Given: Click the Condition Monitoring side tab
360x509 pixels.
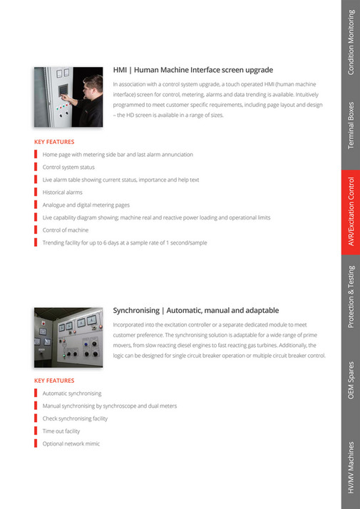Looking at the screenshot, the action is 351,43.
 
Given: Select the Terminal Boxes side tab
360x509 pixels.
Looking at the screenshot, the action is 351,125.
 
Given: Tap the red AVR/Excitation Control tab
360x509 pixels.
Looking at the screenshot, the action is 351,212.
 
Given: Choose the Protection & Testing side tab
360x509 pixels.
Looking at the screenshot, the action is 351,298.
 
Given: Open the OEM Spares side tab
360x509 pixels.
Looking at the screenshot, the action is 351,381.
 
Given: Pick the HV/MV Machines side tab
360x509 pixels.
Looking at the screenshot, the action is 351,466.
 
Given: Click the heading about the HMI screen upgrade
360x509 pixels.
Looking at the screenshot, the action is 192,70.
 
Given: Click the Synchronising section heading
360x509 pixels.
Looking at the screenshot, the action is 196,310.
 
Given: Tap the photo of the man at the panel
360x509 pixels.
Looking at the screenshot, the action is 68,97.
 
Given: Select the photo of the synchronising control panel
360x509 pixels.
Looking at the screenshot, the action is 68,337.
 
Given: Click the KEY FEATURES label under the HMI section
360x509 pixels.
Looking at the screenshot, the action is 54,142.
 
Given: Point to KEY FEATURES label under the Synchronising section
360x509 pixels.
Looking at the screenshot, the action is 54,381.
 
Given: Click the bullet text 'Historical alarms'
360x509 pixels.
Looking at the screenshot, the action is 62,192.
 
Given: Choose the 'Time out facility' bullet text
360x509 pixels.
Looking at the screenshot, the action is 61,431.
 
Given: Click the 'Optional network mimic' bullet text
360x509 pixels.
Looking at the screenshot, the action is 71,443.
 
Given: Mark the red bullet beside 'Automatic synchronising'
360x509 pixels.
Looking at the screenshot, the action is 35,393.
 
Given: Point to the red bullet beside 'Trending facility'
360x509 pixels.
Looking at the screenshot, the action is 35,243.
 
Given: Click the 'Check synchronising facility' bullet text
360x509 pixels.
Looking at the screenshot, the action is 75,418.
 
